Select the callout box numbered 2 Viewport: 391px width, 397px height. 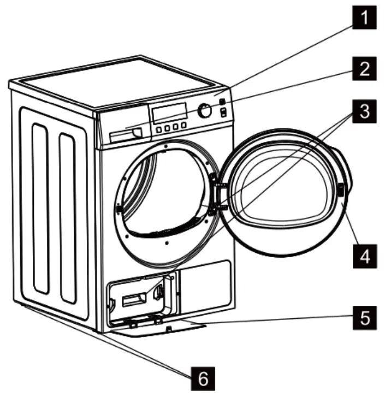click(x=364, y=69)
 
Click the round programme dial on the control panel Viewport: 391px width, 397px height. click(x=205, y=110)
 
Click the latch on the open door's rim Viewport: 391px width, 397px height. click(x=342, y=189)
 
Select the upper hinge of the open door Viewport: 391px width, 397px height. click(x=221, y=187)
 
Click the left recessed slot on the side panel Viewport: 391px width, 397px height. click(x=39, y=208)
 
